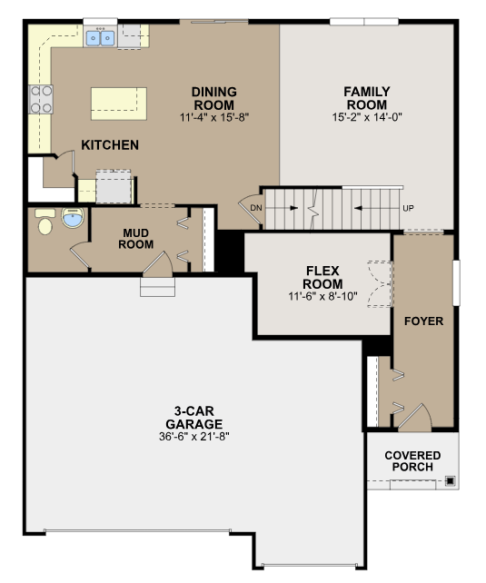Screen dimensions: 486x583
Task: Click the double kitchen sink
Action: (100, 38)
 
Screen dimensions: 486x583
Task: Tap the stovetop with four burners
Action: (41, 99)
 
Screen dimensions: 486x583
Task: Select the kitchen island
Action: (119, 104)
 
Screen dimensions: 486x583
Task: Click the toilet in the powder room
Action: (45, 222)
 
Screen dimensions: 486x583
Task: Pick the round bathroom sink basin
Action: (72, 218)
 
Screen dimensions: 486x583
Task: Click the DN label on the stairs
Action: (256, 208)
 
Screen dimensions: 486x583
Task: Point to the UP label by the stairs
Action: (408, 208)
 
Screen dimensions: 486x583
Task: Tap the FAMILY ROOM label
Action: (367, 98)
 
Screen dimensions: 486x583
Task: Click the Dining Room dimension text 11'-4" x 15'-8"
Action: (214, 117)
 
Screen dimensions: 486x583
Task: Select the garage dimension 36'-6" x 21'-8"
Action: (194, 437)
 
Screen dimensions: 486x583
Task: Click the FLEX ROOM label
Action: (322, 277)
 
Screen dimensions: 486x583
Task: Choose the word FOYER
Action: (423, 321)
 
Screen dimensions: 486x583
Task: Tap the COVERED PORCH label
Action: (412, 461)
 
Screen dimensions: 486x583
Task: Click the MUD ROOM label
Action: (135, 239)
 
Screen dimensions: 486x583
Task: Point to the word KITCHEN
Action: (110, 145)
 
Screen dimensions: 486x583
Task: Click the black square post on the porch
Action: (451, 481)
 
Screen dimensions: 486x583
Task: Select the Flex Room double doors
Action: (380, 284)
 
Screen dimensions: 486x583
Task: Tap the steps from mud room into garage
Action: (157, 287)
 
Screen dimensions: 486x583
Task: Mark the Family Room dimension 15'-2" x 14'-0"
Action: (367, 117)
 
